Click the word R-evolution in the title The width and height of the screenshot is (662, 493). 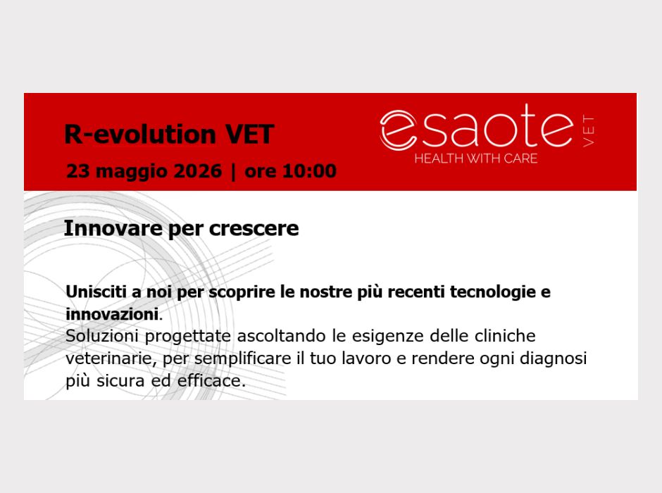[x=140, y=135]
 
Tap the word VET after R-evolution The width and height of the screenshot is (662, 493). [x=249, y=135]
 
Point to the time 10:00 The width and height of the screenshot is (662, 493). [x=309, y=171]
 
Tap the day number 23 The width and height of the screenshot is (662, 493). [x=77, y=171]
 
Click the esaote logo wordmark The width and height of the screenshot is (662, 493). [x=477, y=127]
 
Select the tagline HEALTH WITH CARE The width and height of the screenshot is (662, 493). [x=476, y=158]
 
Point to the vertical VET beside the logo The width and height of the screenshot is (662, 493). [x=588, y=130]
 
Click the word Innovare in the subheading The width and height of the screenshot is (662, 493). [x=113, y=228]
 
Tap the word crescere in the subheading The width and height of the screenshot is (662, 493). [x=254, y=228]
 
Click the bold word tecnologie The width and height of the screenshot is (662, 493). [x=493, y=292]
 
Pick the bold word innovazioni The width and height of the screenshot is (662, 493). [x=112, y=314]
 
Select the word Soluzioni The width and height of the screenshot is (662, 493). [x=102, y=336]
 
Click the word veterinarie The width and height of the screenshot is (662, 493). [x=111, y=358]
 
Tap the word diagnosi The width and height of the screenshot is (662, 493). [x=553, y=358]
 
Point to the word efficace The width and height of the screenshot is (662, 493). [x=211, y=381]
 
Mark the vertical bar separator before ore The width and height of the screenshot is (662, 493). [x=234, y=171]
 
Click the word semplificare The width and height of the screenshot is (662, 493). [x=243, y=358]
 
